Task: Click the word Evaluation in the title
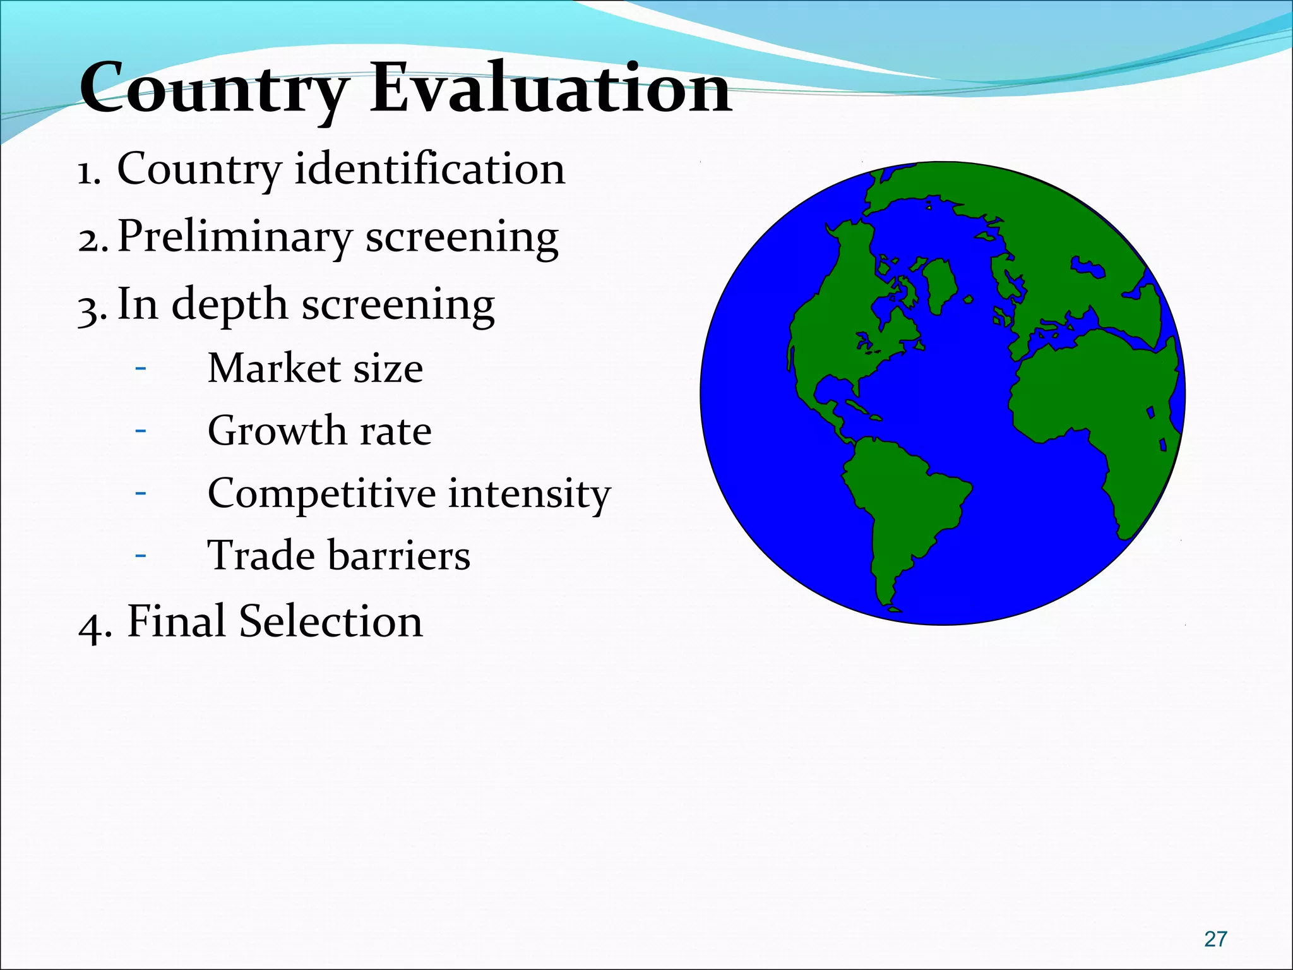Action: (549, 88)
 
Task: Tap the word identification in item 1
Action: (429, 169)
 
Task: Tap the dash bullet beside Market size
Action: (140, 368)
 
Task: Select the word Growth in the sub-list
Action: (277, 431)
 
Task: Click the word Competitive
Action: (321, 494)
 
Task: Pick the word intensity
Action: (529, 494)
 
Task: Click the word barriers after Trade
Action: (398, 556)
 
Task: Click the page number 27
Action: (1215, 939)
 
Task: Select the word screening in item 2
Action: (462, 237)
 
